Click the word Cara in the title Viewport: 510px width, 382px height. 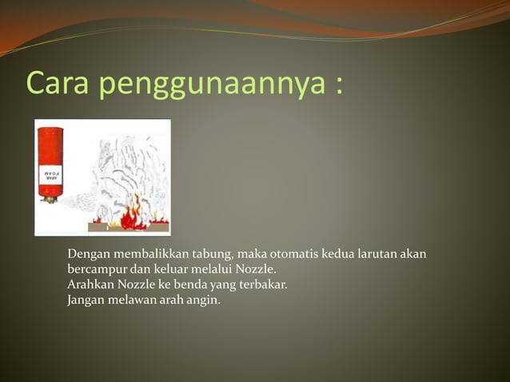pos(58,83)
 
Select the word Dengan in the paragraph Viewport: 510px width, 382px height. pos(87,254)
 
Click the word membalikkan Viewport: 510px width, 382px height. pos(149,254)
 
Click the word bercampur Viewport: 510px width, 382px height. pos(95,269)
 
